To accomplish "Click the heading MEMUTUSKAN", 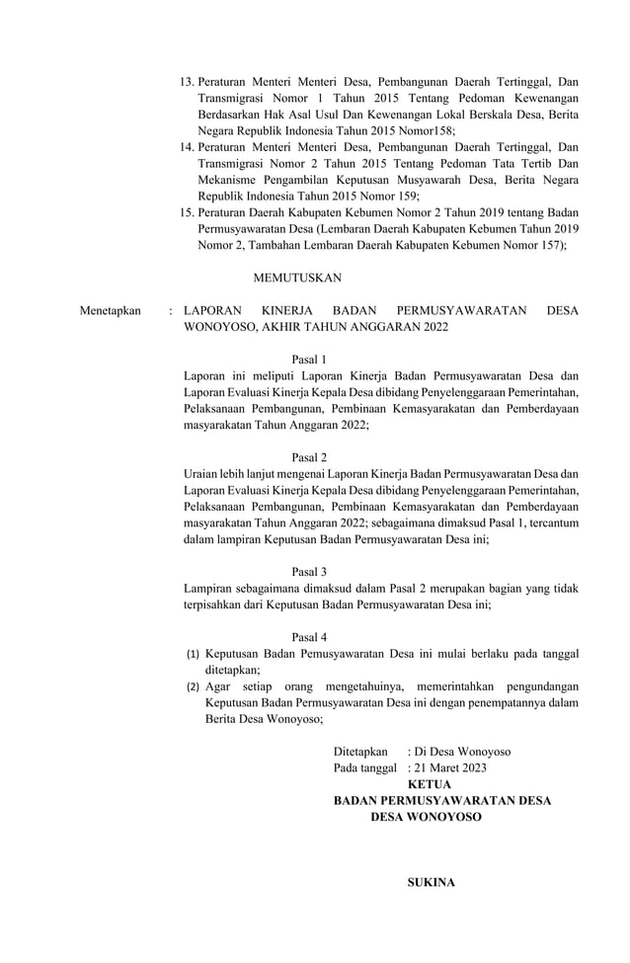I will click(297, 279).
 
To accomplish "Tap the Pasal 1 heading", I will click(310, 359).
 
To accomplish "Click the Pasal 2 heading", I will click(310, 457).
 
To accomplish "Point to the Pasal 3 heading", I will click(310, 571).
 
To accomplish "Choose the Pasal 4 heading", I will click(310, 637).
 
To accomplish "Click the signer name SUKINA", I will click(432, 882).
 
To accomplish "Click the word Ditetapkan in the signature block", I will click(360, 752).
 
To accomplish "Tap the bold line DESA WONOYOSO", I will click(427, 818).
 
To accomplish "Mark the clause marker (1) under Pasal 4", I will click(194, 654).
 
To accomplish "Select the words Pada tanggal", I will click(365, 767).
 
